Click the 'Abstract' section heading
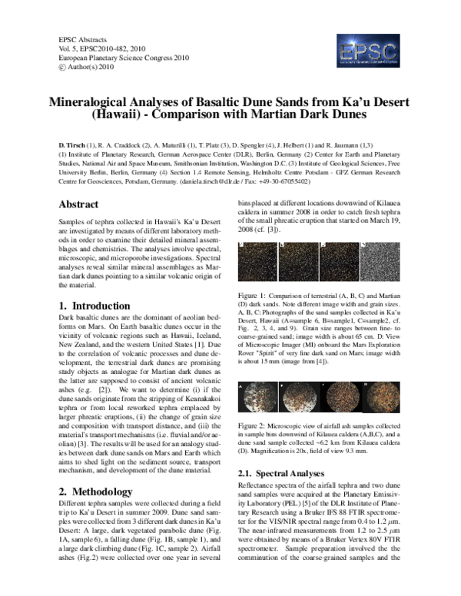78,205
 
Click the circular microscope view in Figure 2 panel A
254,399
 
